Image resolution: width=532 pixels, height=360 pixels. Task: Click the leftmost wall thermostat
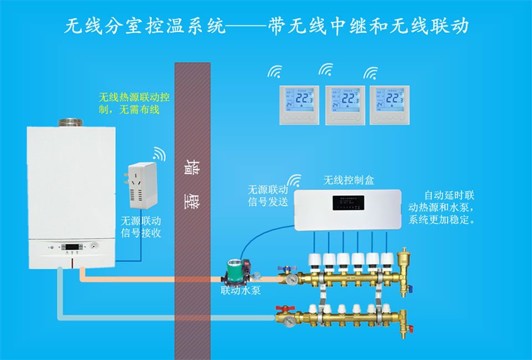[299, 105]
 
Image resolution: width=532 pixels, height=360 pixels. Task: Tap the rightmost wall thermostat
[389, 105]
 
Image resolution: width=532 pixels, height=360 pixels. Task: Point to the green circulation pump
[235, 272]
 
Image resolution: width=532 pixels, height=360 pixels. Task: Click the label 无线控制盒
[349, 180]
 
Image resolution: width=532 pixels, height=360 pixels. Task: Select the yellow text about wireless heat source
[134, 103]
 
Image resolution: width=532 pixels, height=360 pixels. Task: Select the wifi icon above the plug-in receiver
[159, 153]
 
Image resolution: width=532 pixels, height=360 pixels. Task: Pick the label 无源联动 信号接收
[141, 226]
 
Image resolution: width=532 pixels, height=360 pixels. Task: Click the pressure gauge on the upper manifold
[291, 280]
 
